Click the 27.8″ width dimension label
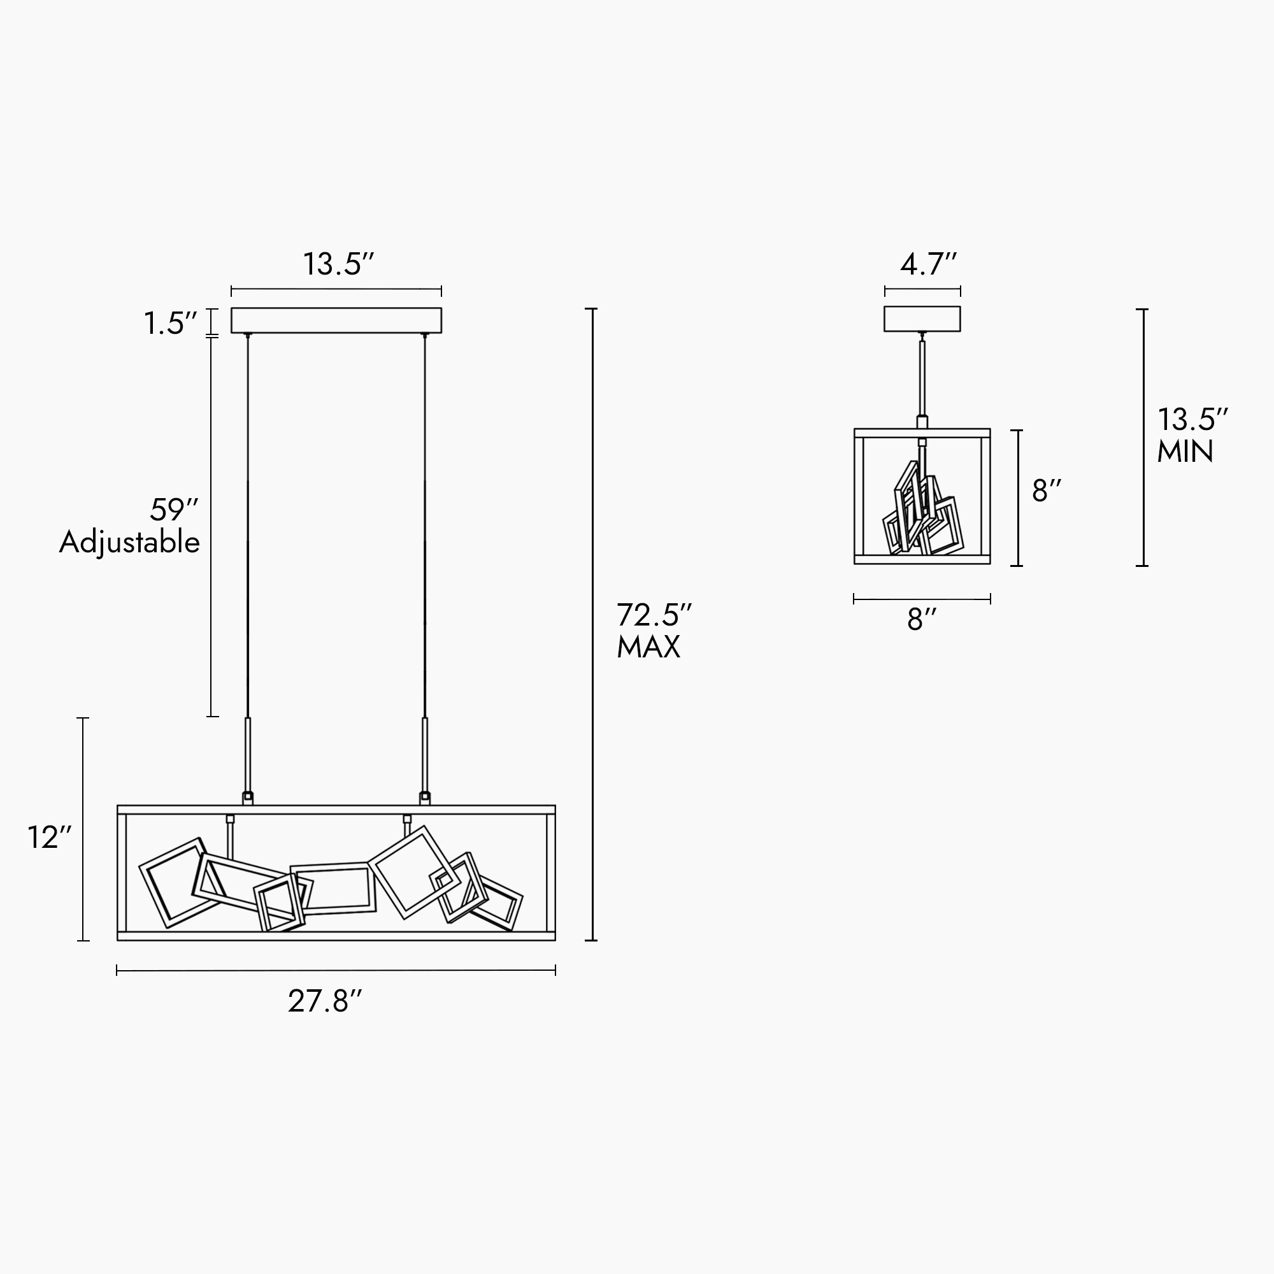click(x=325, y=1001)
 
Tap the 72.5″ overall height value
click(x=654, y=615)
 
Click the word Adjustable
click(x=129, y=543)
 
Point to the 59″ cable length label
click(x=174, y=510)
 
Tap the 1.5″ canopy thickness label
click(x=170, y=324)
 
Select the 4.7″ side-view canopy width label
click(x=928, y=264)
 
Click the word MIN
click(x=1185, y=452)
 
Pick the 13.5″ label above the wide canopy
click(x=338, y=264)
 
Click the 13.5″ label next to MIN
click(x=1192, y=419)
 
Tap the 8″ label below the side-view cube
click(x=921, y=619)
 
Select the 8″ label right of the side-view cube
click(x=1047, y=491)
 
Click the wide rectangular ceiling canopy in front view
click(x=336, y=320)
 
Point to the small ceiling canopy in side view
click(x=922, y=318)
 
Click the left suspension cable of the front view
click(x=247, y=527)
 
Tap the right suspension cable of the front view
click(x=425, y=527)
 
